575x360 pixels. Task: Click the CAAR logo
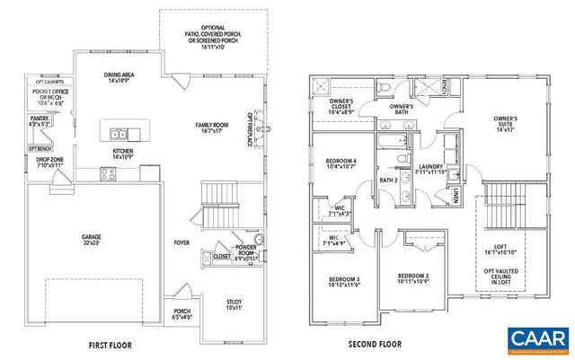538,338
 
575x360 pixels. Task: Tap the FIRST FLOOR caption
112,344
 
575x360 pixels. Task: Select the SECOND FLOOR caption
375,344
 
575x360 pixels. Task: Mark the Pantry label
39,121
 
